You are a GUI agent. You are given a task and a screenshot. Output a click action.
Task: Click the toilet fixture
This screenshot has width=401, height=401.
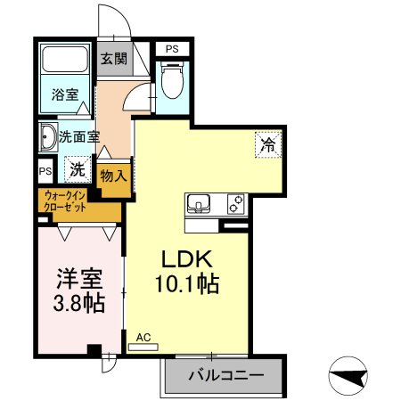172,79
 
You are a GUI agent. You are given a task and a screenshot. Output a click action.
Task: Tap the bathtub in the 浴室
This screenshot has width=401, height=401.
65,59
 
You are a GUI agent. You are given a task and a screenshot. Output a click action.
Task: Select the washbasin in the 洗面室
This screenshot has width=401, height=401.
47,137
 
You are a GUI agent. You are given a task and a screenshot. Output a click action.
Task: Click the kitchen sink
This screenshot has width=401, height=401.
198,204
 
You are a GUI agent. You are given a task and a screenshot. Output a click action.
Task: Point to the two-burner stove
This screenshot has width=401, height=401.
236,204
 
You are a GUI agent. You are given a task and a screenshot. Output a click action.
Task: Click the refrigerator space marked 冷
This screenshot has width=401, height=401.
268,144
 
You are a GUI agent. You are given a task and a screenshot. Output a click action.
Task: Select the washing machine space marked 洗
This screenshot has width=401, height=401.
78,169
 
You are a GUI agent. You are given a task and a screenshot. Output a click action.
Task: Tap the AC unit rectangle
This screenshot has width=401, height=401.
143,347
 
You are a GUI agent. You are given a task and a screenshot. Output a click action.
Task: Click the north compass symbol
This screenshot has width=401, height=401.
348,376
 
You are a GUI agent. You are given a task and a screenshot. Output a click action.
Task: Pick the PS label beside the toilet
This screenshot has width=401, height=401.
172,49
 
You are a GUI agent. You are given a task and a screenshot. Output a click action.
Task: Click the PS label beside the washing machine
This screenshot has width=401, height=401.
45,171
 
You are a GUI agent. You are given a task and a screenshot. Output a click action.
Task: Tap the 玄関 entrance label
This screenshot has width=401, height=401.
114,59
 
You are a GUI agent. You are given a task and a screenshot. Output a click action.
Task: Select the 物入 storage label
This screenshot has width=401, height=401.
114,176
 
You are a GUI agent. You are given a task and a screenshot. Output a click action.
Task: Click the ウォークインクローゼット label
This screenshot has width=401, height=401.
65,201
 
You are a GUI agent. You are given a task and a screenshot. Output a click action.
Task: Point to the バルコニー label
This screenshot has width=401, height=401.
226,376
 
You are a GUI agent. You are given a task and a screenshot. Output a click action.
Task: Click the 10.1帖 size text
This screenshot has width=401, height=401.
187,284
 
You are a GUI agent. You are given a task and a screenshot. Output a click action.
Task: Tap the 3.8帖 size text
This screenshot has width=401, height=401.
79,303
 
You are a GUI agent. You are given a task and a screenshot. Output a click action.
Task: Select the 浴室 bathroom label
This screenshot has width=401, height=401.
65,94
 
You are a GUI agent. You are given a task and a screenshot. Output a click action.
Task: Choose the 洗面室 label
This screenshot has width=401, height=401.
79,137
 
